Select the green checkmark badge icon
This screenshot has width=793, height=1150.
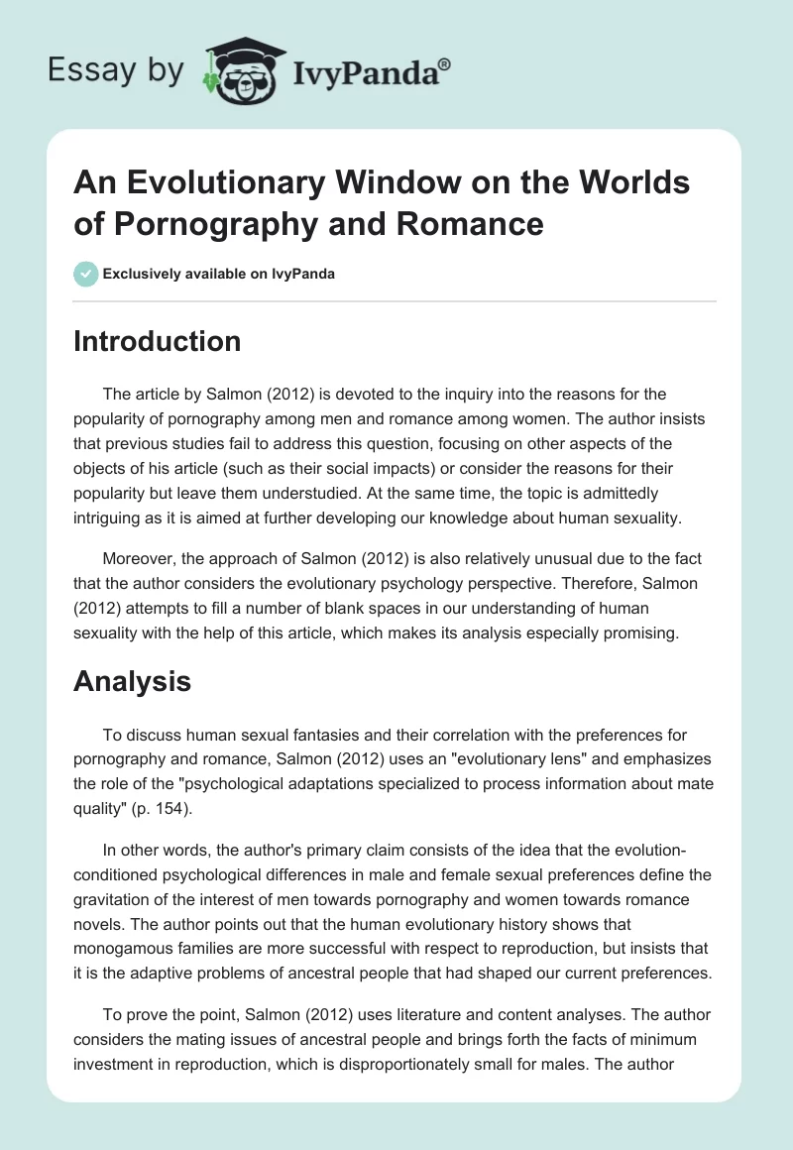[86, 274]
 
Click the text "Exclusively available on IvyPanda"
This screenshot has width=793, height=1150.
[220, 274]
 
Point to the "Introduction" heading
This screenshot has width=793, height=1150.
[158, 341]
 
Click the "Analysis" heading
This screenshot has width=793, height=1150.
[133, 681]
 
